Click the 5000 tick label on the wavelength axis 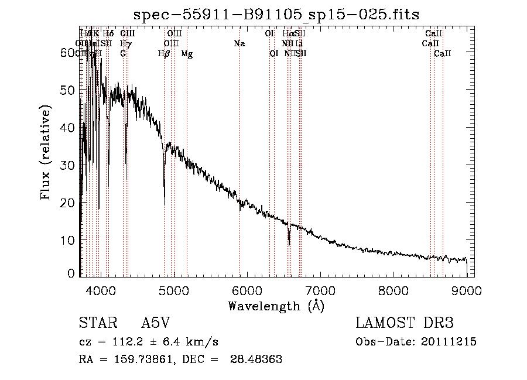[173, 290]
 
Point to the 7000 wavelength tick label [320, 290]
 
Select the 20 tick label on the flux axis [69, 203]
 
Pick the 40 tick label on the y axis [69, 128]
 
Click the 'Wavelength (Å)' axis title [276, 306]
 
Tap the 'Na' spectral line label [239, 44]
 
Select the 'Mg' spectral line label [187, 54]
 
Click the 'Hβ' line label [164, 54]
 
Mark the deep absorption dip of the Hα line [289, 242]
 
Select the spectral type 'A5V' [156, 323]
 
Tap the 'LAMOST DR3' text [405, 323]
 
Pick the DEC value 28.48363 [258, 360]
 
